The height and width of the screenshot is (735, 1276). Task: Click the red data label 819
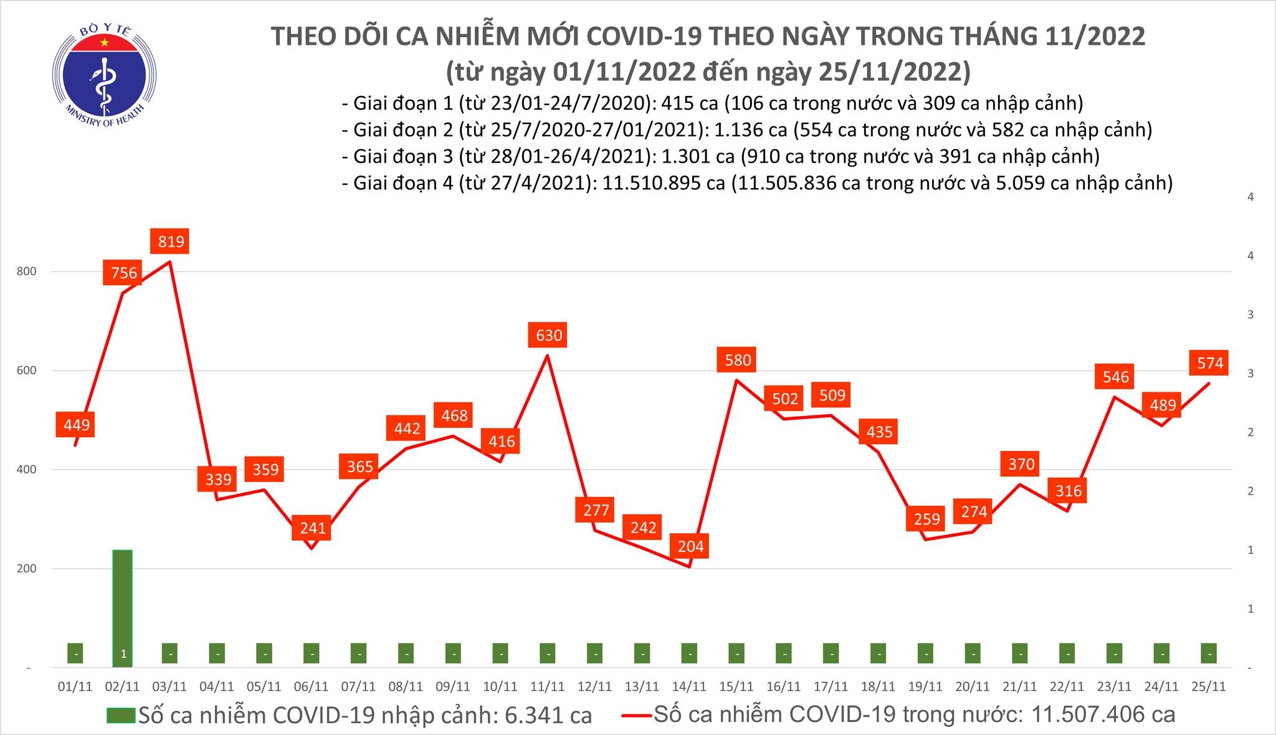pos(171,241)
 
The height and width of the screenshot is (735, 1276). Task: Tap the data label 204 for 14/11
pos(690,546)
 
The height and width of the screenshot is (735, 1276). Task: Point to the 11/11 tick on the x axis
pos(548,686)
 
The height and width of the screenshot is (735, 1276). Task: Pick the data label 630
pos(549,335)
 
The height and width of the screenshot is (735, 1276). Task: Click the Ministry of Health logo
pos(104,75)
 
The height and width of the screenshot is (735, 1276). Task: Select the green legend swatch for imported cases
pos(121,715)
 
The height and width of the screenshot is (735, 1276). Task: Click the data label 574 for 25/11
pos(1210,363)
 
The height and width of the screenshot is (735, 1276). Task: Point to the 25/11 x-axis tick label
pos(1209,686)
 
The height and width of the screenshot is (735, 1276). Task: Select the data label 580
pos(738,360)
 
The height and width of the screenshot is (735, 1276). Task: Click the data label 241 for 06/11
pos(313,528)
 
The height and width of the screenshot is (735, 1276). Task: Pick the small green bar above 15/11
pos(736,653)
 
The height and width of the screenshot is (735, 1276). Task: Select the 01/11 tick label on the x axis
pos(75,686)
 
